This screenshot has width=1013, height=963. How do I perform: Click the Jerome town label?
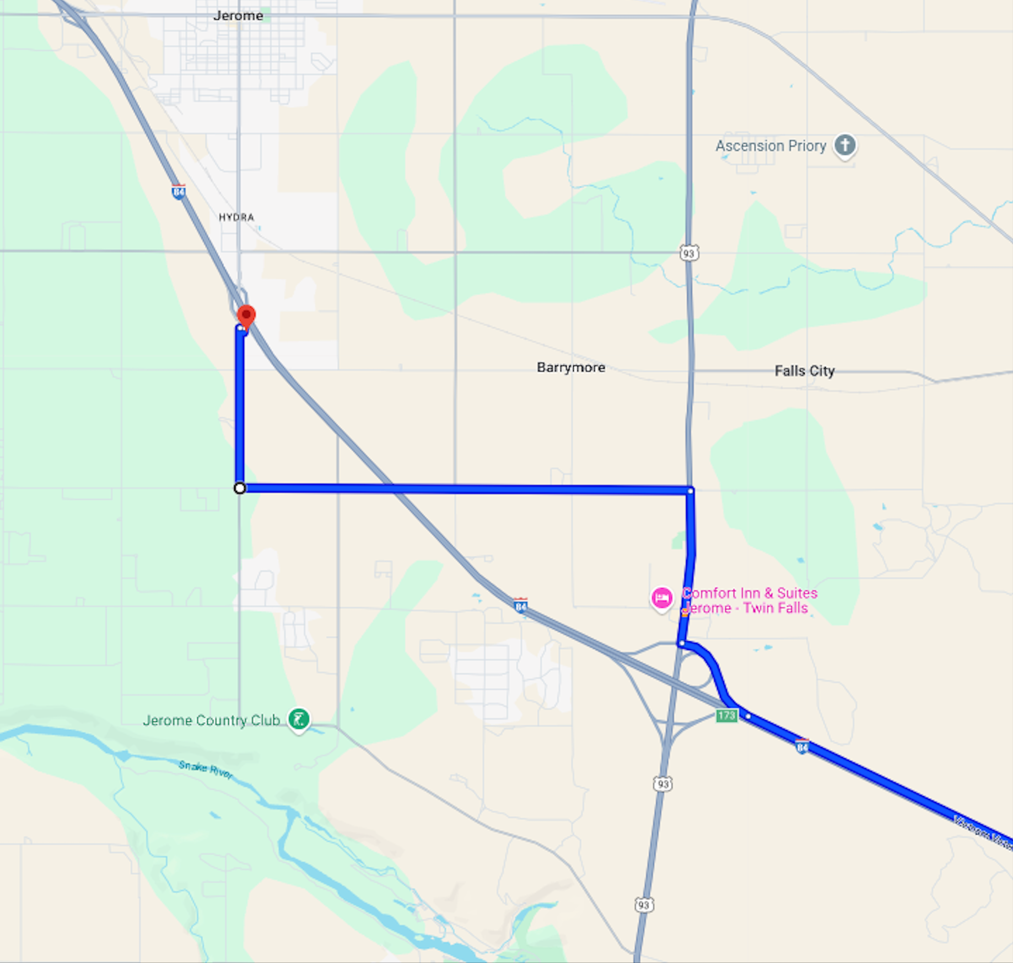[x=238, y=15]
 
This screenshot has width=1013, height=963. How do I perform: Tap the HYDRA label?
[x=236, y=217]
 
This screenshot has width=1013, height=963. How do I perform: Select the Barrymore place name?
[x=571, y=367]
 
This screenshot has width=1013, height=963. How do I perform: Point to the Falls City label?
[x=804, y=371]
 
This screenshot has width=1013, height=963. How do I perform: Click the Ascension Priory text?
[x=770, y=146]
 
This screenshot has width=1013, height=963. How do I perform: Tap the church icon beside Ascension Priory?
[x=845, y=145]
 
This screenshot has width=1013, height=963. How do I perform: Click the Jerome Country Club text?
[x=212, y=721]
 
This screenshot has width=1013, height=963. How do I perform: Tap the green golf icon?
[x=299, y=719]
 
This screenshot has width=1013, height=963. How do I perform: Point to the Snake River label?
[x=206, y=769]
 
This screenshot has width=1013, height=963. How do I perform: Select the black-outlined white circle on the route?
[x=240, y=488]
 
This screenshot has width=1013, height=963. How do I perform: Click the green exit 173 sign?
[x=726, y=716]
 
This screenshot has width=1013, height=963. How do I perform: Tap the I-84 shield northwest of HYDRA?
[x=179, y=192]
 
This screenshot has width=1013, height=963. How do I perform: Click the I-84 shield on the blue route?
[x=802, y=746]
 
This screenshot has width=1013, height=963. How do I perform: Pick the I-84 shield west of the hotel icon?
[x=520, y=605]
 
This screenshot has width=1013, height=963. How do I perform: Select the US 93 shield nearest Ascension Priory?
[x=689, y=253]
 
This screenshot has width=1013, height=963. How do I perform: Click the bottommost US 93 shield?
[x=644, y=905]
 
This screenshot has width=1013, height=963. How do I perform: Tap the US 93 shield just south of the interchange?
[x=662, y=783]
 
